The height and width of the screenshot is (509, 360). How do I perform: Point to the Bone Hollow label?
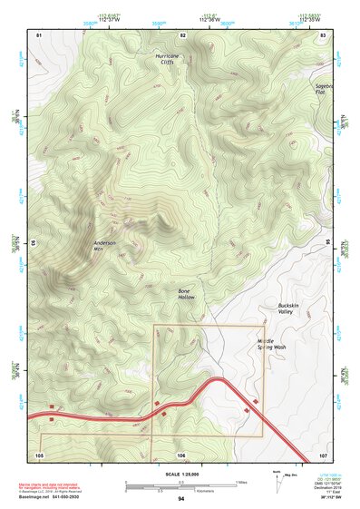pyautogui.click(x=186, y=293)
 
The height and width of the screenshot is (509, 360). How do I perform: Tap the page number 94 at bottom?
pyautogui.click(x=181, y=499)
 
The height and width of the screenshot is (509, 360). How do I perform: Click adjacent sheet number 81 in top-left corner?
pyautogui.click(x=39, y=34)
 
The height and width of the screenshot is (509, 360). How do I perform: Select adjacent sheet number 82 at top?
pyautogui.click(x=182, y=34)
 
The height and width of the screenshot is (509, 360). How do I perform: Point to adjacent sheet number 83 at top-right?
pyautogui.click(x=323, y=34)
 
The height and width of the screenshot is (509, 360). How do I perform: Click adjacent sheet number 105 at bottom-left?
pyautogui.click(x=39, y=453)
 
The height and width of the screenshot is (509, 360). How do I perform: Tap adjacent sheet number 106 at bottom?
pyautogui.click(x=181, y=453)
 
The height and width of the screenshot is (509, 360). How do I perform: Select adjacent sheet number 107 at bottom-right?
pyautogui.click(x=323, y=453)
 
